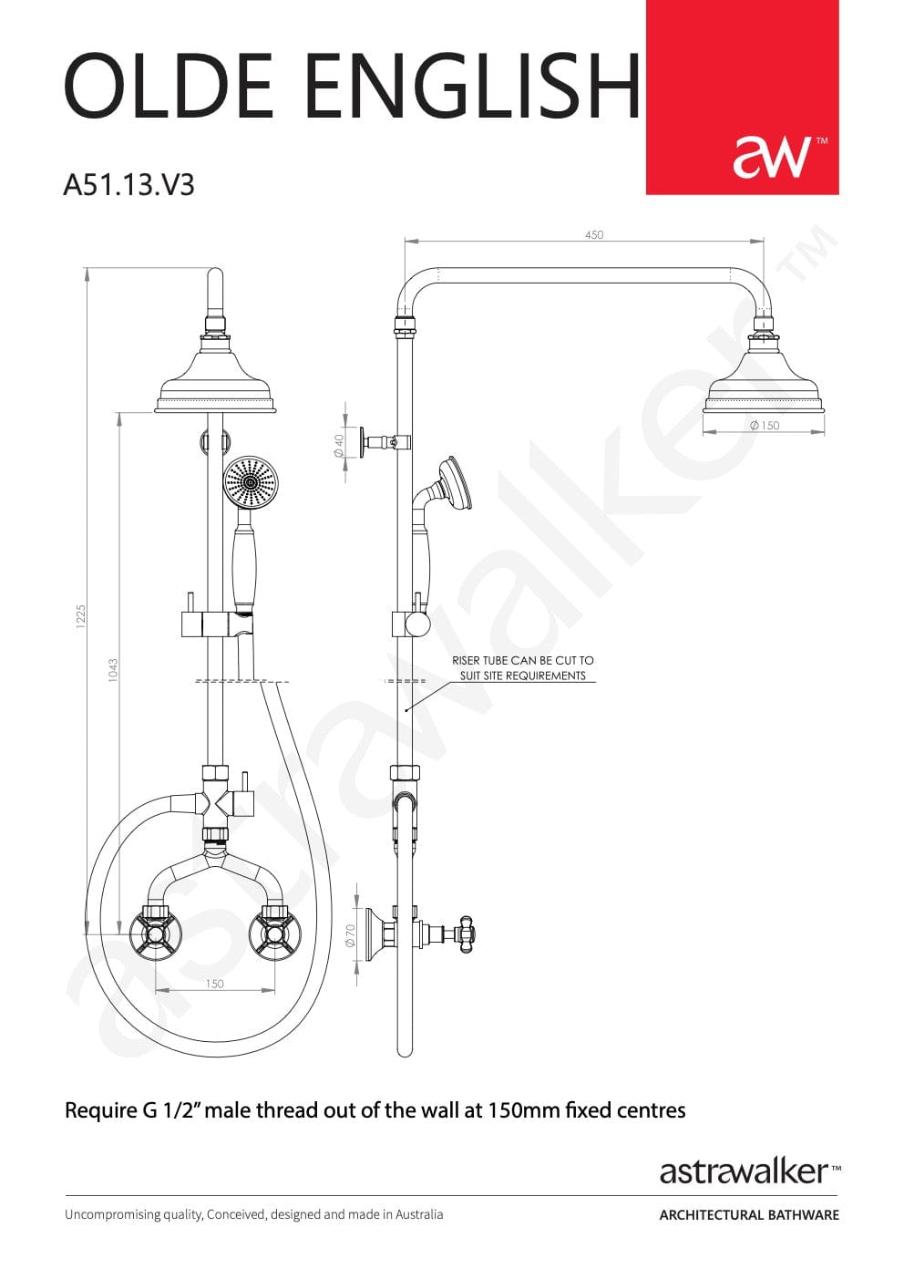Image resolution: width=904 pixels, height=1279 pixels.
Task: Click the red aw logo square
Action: tap(742, 97)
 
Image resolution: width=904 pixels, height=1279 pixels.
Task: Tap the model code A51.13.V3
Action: tap(129, 185)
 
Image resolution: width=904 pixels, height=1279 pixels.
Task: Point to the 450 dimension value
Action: tap(594, 234)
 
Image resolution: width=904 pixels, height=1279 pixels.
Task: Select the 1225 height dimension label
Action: tap(81, 616)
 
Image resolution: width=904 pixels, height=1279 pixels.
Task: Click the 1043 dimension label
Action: tap(113, 670)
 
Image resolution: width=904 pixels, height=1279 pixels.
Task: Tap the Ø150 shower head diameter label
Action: tap(765, 426)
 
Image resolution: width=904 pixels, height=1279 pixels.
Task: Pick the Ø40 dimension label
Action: tap(338, 446)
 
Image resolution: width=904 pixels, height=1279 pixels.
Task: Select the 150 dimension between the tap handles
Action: tap(214, 984)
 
